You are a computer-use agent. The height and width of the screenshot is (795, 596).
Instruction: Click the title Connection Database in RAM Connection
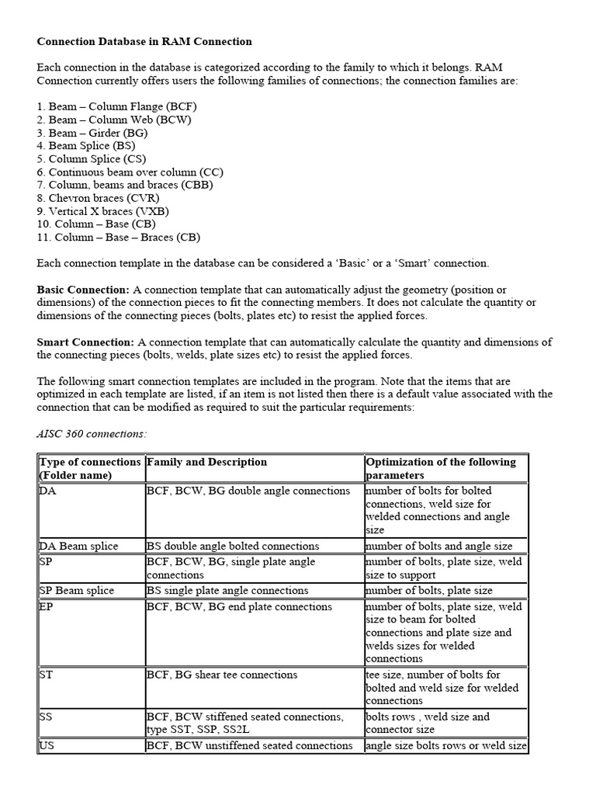tap(144, 40)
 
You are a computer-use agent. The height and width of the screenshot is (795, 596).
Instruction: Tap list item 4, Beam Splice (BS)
tap(85, 145)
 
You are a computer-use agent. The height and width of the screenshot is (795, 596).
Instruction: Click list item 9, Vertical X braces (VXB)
tap(102, 211)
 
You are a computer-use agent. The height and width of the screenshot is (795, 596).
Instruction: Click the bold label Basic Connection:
tap(83, 290)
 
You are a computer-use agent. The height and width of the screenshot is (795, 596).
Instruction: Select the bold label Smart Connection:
tap(85, 342)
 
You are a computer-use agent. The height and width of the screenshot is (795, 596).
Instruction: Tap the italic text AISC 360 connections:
tap(92, 434)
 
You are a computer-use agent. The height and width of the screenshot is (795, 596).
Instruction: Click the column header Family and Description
tap(206, 462)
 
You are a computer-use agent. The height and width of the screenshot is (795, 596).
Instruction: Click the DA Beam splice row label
tap(78, 546)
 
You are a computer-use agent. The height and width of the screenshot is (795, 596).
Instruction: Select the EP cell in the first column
tap(46, 606)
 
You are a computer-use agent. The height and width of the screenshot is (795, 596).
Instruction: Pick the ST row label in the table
tap(46, 675)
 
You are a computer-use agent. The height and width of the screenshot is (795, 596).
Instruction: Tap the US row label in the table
tap(46, 745)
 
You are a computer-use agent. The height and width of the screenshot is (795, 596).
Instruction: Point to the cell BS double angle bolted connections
tap(233, 546)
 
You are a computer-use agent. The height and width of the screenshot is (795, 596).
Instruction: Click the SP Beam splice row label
tap(77, 590)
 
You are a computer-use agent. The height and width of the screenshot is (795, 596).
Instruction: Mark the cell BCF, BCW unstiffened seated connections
tap(249, 745)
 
